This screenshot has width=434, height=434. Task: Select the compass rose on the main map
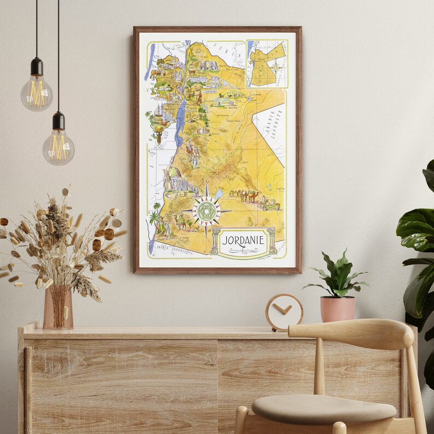207,211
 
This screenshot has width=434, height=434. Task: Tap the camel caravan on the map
244,195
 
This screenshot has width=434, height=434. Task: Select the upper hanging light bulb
37,91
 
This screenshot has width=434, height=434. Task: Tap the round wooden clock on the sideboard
284,312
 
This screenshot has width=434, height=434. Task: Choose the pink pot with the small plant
337,308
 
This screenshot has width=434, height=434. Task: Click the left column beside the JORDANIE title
215,241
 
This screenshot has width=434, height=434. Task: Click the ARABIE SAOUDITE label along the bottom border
171,251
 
